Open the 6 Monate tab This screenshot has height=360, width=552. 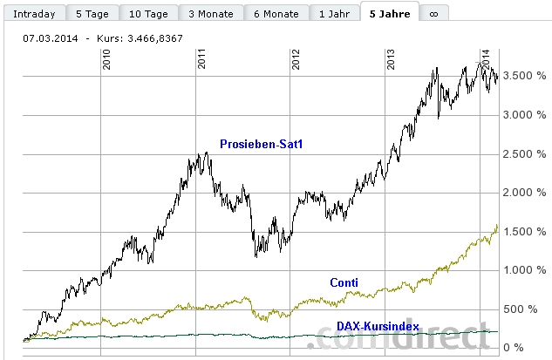[276, 14]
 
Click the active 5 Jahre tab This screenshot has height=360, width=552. [391, 14]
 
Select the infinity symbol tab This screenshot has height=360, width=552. [433, 14]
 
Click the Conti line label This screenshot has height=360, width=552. [344, 282]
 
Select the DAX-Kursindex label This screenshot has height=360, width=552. [378, 326]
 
